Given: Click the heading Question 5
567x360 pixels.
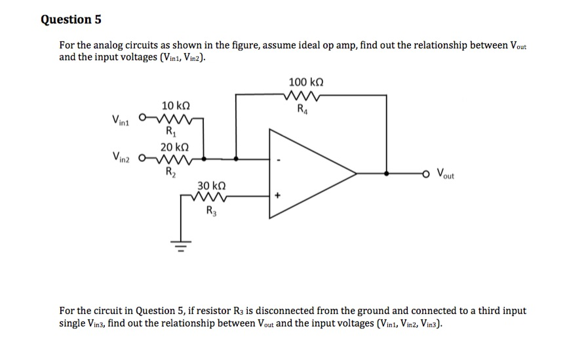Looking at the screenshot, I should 71,19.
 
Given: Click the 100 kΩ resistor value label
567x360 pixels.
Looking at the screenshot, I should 305,83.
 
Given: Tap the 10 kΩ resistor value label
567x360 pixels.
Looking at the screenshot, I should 176,106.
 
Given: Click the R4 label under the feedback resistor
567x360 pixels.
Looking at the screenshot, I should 302,109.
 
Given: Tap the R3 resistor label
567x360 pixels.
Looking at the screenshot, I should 210,210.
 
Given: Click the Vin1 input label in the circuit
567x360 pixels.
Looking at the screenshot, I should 122,121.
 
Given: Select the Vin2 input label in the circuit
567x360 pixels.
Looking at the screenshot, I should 122,158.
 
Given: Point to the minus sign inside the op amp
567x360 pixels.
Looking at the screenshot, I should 279,159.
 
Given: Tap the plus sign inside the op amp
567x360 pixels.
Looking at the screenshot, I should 280,195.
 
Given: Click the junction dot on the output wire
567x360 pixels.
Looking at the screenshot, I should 387,174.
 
